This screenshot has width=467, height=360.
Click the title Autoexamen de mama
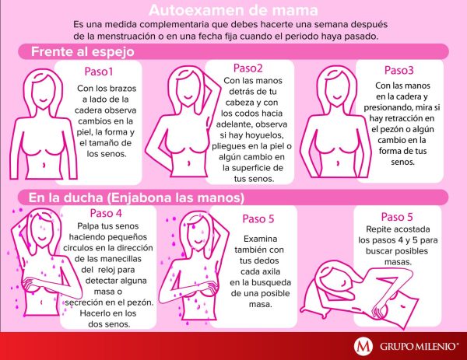[233, 10]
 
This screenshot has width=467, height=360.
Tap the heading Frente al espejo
[83, 52]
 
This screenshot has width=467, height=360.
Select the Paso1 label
[99, 72]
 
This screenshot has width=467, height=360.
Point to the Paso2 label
[248, 68]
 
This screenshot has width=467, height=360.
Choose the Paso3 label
[399, 70]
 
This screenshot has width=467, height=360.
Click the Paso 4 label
[106, 213]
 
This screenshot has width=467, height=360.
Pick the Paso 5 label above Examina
[258, 219]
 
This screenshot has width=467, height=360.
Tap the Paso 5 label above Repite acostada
[397, 217]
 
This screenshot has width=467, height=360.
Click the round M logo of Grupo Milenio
[363, 346]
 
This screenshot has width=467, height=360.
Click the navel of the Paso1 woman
[44, 165]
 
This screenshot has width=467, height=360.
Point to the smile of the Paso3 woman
[337, 98]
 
